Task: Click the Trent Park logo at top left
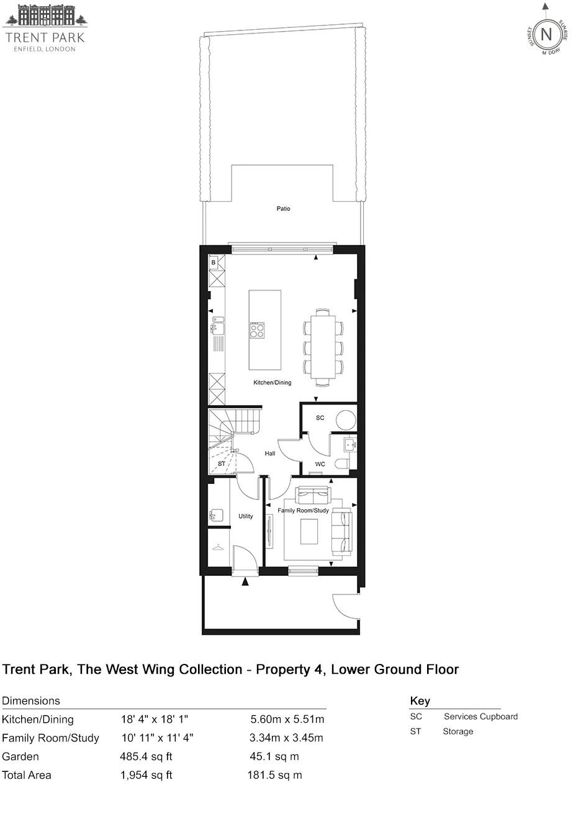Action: (45, 29)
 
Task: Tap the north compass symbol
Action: (546, 34)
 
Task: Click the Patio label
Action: (283, 208)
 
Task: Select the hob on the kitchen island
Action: (257, 330)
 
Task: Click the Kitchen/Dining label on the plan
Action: (272, 383)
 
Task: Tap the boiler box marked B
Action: (214, 263)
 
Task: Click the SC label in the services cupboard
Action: (320, 418)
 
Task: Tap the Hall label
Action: (269, 454)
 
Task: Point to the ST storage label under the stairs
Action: (222, 464)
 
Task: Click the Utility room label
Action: (245, 516)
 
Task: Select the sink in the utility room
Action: (215, 515)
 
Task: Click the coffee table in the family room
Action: (309, 531)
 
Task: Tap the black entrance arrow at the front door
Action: (245, 582)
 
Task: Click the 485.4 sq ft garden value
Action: (146, 756)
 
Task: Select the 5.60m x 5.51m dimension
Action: (287, 720)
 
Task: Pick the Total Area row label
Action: (27, 775)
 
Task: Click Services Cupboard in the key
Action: (480, 717)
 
